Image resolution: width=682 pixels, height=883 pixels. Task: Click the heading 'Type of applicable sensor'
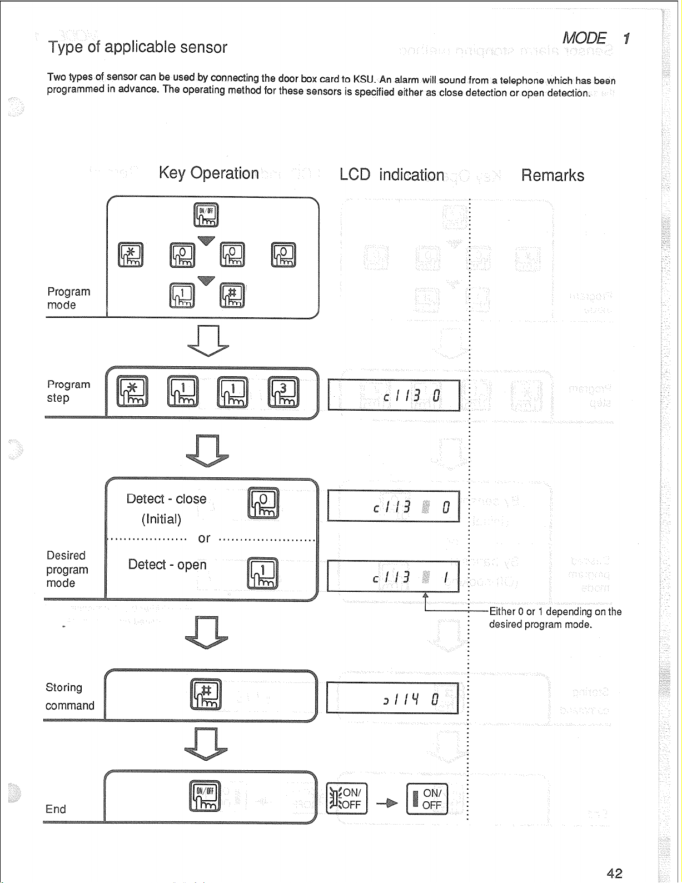click(x=138, y=47)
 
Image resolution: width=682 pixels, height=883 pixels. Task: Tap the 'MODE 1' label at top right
click(x=595, y=38)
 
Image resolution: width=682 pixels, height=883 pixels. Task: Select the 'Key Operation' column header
click(x=208, y=173)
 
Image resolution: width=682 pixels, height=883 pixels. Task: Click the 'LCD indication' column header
click(x=392, y=175)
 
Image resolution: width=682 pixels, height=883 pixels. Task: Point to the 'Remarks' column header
click(x=552, y=176)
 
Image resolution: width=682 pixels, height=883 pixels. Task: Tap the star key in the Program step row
click(x=132, y=391)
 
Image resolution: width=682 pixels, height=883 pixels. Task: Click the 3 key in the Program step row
click(x=283, y=391)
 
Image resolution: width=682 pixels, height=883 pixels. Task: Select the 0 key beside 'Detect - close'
click(x=263, y=503)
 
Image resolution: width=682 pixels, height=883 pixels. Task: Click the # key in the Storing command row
click(x=206, y=694)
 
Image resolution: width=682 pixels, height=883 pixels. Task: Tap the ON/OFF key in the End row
click(x=206, y=796)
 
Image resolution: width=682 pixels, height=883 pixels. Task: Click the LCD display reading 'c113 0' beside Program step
click(x=394, y=395)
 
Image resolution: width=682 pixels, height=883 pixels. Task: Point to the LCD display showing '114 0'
click(x=392, y=698)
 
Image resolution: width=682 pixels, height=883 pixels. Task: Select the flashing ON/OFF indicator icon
click(x=346, y=799)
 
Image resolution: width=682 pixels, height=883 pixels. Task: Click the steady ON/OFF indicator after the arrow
click(x=427, y=799)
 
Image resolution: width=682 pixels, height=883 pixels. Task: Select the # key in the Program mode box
click(x=232, y=295)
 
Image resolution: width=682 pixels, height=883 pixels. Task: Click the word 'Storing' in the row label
click(x=64, y=687)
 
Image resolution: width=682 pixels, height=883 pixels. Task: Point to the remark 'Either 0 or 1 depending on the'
click(x=555, y=612)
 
